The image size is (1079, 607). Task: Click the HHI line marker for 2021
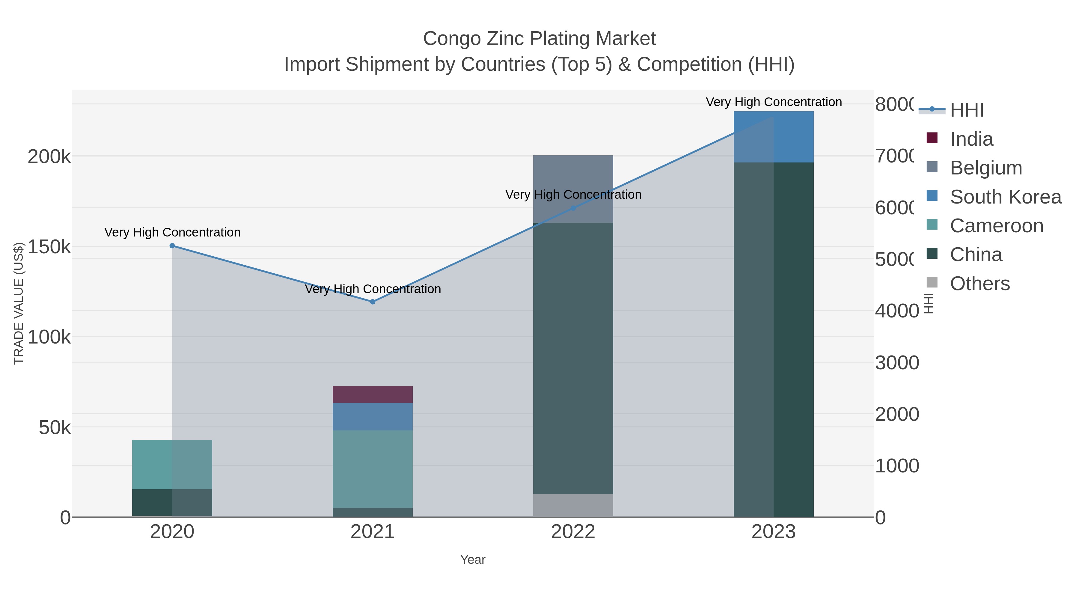click(x=372, y=302)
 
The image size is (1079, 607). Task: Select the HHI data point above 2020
click(x=172, y=246)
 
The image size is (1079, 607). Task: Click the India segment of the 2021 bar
click(x=372, y=394)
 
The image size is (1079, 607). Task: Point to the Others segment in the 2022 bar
click(x=573, y=505)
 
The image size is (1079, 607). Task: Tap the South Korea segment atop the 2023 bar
click(x=773, y=137)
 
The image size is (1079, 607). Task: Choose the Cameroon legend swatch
click(x=932, y=225)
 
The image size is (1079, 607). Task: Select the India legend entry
click(x=971, y=139)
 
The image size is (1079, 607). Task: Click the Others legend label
click(x=980, y=284)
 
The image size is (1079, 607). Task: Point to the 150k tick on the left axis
click(x=49, y=247)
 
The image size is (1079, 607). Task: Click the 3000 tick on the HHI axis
click(x=897, y=363)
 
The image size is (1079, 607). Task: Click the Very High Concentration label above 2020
click(x=172, y=232)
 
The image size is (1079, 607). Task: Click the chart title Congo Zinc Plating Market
click(x=539, y=39)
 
